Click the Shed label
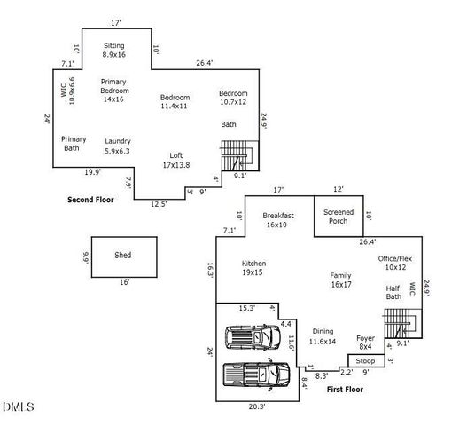click(123, 255)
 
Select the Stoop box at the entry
click(365, 361)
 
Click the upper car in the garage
click(253, 338)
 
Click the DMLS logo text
click(18, 407)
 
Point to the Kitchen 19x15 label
click(253, 268)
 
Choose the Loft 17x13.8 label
click(176, 160)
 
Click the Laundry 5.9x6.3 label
click(117, 146)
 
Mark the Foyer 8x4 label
click(366, 342)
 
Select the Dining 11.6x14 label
click(323, 335)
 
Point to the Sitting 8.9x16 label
click(114, 50)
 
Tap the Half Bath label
click(393, 292)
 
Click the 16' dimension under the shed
click(124, 282)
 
